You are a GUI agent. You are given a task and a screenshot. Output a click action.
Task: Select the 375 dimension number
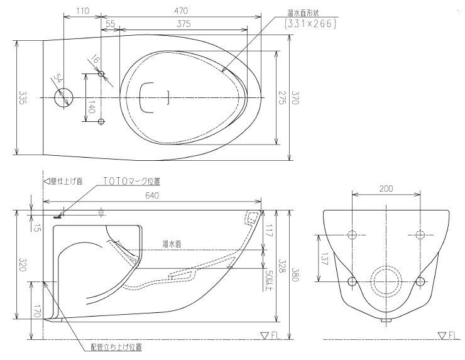(x=183, y=23)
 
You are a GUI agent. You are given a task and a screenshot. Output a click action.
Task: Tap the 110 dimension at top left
(x=82, y=10)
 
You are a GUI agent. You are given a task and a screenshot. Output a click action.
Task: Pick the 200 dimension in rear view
(x=386, y=188)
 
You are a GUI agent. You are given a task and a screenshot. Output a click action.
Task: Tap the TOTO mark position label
(x=131, y=181)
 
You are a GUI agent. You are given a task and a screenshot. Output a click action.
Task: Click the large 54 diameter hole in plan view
(x=63, y=97)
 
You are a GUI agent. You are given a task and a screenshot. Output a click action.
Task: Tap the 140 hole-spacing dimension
(x=92, y=108)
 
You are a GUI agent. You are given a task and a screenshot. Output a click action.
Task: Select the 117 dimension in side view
(x=270, y=231)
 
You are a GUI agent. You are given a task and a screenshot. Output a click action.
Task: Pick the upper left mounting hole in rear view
(x=351, y=235)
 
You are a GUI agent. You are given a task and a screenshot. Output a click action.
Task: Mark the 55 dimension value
(x=109, y=23)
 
